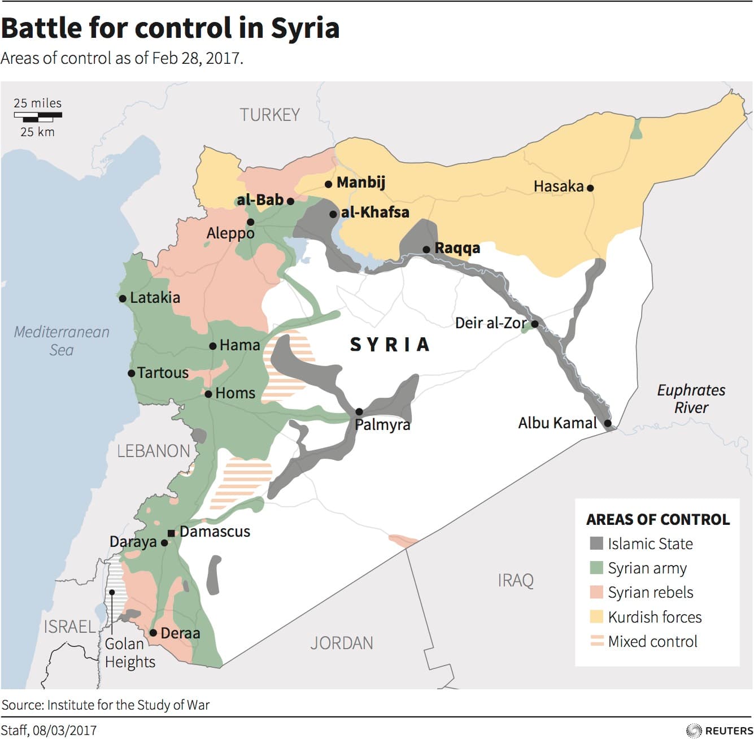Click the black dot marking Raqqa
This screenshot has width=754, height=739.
pyautogui.click(x=426, y=250)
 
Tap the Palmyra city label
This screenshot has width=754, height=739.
pyautogui.click(x=382, y=424)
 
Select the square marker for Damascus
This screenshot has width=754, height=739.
pyautogui.click(x=171, y=533)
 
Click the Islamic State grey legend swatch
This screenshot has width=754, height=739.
pyautogui.click(x=596, y=544)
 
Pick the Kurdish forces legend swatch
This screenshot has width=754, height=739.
pyautogui.click(x=596, y=616)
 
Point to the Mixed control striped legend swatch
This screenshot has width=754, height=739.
pyautogui.click(x=596, y=641)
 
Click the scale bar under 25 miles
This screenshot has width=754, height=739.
pyautogui.click(x=38, y=117)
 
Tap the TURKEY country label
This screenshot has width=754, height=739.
pyautogui.click(x=269, y=115)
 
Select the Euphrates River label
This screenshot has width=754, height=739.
pyautogui.click(x=691, y=398)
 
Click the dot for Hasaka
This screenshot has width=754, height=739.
pyautogui.click(x=590, y=188)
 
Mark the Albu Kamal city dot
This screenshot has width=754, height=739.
pyautogui.click(x=608, y=423)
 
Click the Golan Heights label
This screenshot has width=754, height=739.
pyautogui.click(x=130, y=653)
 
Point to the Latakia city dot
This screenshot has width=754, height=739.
pyautogui.click(x=123, y=298)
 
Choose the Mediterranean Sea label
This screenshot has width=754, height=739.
pyautogui.click(x=62, y=341)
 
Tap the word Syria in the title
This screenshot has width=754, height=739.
pyautogui.click(x=305, y=28)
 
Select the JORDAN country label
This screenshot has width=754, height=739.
pyautogui.click(x=342, y=643)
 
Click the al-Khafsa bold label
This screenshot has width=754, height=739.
pyautogui.click(x=375, y=212)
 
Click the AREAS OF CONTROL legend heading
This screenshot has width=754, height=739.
pyautogui.click(x=658, y=519)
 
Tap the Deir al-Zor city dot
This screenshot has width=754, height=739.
pyautogui.click(x=534, y=324)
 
